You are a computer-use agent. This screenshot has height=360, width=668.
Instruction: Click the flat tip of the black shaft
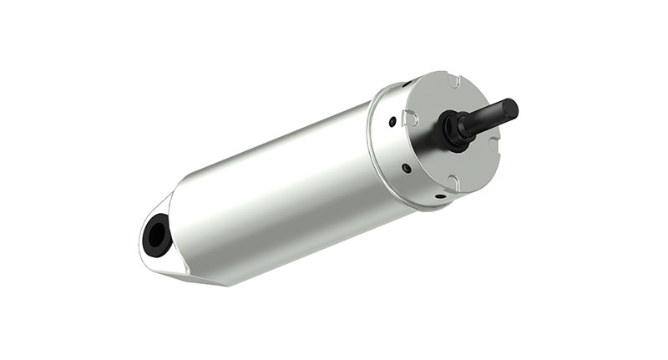pos(510,109)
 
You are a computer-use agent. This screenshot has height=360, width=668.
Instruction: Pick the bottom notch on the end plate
pos(452,183)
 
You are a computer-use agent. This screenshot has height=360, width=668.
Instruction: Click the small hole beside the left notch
pos(391,121)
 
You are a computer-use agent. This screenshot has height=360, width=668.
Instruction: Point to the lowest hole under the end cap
pos(439,197)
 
